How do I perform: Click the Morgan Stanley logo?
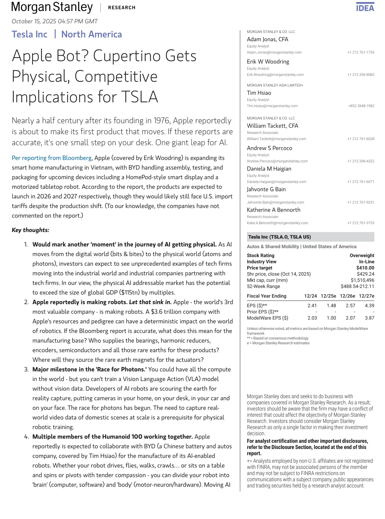[52, 7]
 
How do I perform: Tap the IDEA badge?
[365, 8]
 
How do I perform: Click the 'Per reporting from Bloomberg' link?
[52, 158]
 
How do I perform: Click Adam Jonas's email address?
[274, 53]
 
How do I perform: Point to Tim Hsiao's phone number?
[361, 106]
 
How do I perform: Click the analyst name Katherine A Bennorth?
[273, 210]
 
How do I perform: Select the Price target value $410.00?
[365, 268]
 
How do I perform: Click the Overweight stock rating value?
[362, 255]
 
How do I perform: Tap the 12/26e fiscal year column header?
[347, 296]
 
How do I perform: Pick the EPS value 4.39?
[369, 305]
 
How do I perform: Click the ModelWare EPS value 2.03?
[312, 318]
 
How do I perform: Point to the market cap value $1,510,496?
[362, 280]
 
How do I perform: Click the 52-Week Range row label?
[263, 286]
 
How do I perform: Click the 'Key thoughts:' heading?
[31, 230]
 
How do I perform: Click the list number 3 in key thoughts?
[26, 369]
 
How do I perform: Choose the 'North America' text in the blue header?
[91, 34]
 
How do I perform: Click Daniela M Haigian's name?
[269, 169]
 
